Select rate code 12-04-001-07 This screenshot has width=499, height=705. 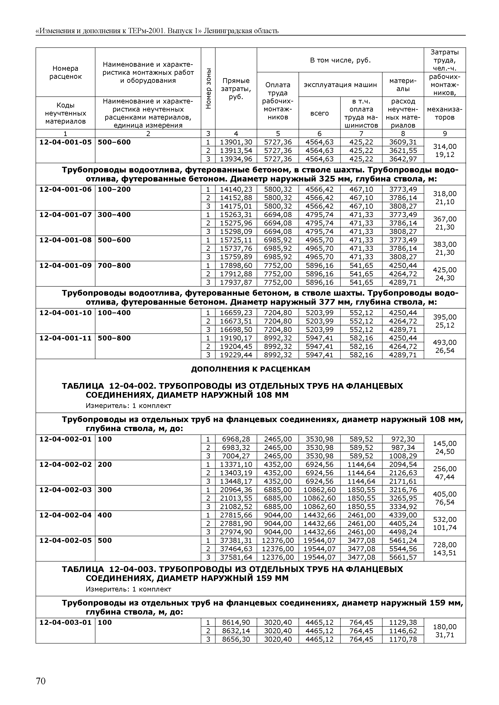pos(65,215)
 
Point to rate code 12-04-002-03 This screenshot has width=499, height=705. pos(65,490)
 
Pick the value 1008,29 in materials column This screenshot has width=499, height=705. pos(403,456)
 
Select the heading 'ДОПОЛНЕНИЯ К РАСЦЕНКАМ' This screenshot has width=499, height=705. pos(251,369)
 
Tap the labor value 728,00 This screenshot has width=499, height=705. pos(445,545)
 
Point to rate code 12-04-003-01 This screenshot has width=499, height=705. pos(65,622)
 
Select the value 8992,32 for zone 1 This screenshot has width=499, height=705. pos(278,338)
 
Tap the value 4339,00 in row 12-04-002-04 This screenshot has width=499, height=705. pos(403,515)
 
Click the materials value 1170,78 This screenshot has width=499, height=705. pos(403,639)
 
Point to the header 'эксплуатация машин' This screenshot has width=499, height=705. pos(340,85)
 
